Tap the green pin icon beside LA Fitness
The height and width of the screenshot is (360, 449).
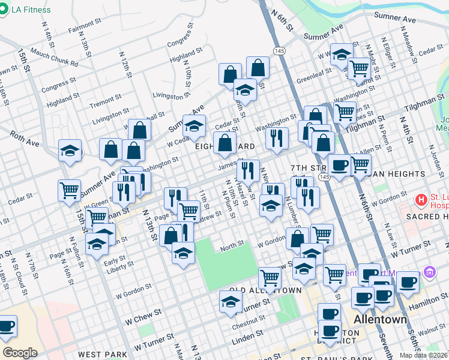(4, 9)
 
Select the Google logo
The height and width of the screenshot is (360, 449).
(20, 353)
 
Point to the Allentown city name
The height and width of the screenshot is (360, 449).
(381, 320)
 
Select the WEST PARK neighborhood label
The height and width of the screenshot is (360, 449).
(98, 355)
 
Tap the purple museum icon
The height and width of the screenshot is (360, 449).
(429, 273)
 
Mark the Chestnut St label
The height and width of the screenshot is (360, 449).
(249, 326)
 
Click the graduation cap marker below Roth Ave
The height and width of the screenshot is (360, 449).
(70, 151)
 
